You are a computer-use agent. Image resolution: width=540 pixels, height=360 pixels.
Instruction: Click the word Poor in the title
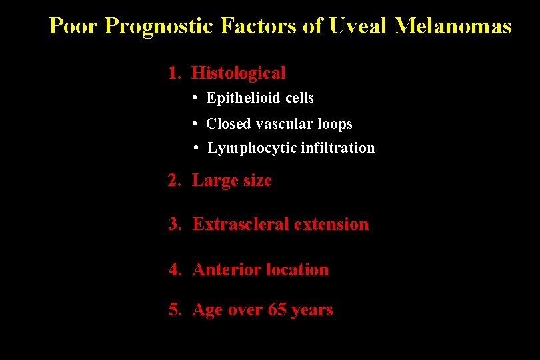pos(74,26)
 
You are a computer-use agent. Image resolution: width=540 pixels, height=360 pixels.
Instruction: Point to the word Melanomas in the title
pos(453,26)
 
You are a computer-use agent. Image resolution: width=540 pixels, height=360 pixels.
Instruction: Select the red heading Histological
pos(239,73)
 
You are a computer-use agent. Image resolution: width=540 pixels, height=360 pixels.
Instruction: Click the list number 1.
pos(174,73)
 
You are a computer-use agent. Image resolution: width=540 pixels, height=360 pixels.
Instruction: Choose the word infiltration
pos(338,148)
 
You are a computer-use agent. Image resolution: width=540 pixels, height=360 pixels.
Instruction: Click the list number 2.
pos(174,181)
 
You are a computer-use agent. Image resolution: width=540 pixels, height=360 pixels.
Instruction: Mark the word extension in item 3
pos(331,224)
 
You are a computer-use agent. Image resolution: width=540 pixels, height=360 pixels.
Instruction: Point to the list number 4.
pos(175,270)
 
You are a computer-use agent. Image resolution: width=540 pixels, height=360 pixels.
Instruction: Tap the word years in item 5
pos(312,311)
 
